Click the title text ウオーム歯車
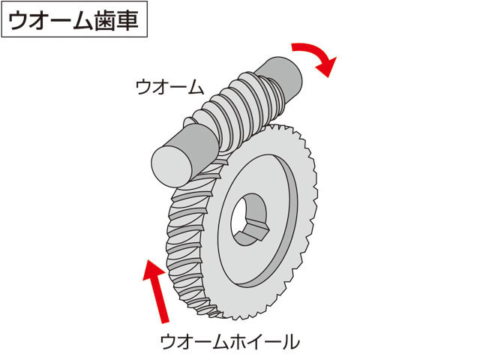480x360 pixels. pos(73,21)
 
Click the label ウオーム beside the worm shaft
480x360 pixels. pos(169,87)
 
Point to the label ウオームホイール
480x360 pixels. pos(230,342)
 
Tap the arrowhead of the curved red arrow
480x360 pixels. pos(327,66)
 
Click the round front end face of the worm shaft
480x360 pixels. pos(172,166)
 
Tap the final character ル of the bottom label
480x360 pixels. pos(291,342)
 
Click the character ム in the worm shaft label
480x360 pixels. pos(195,87)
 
